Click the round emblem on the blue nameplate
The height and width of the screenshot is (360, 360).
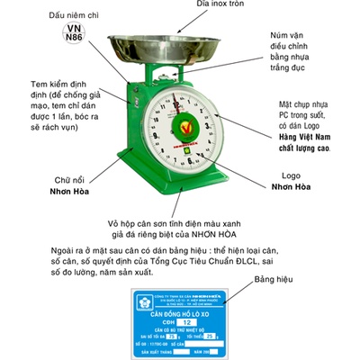pyautogui.click(x=142, y=307)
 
